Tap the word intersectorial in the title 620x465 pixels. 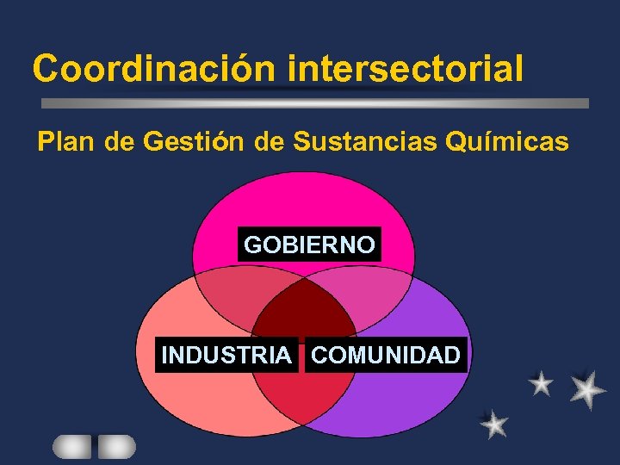[x=406, y=68]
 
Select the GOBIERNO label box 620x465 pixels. [x=309, y=245]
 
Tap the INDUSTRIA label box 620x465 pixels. [x=226, y=355]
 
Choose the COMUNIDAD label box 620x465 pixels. [x=385, y=355]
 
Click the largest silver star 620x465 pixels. [x=586, y=390]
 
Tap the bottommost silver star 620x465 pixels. [x=494, y=424]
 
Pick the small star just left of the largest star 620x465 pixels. [x=541, y=383]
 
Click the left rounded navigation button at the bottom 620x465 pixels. [x=72, y=446]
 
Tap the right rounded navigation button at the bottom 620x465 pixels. [x=116, y=446]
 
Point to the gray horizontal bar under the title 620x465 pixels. [x=315, y=102]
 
